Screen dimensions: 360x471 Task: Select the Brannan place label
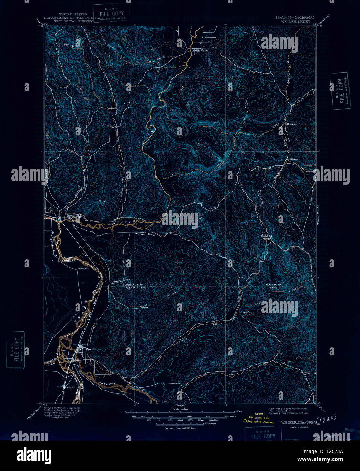291,124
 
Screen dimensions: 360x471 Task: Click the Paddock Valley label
267,237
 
